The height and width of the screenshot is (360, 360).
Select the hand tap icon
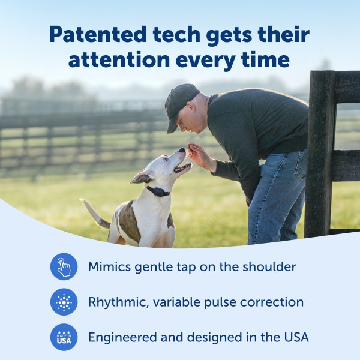coord(64,266)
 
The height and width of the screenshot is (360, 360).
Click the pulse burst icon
coord(64,302)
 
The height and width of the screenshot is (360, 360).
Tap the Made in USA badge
coord(64,337)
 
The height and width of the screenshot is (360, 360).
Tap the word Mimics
coord(109,266)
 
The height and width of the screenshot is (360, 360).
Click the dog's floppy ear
coord(142,177)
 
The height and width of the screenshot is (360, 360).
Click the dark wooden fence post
coord(319,156)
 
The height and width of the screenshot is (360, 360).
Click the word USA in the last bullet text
coord(296,337)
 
